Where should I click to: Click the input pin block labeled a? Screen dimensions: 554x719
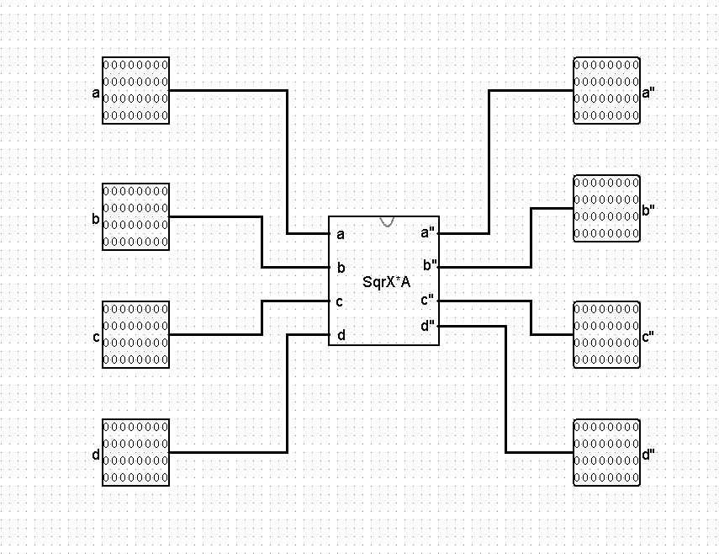tap(135, 90)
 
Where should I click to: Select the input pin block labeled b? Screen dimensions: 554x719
tap(135, 216)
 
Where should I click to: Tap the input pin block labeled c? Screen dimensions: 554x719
tap(135, 334)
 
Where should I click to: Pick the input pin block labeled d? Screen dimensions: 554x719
tap(135, 452)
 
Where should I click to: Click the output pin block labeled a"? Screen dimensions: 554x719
tap(606, 90)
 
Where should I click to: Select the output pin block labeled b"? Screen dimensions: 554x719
tap(606, 208)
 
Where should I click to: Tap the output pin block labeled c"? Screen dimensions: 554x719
tap(606, 334)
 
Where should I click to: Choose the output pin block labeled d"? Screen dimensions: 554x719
tap(606, 452)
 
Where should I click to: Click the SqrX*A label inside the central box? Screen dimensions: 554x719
tap(386, 281)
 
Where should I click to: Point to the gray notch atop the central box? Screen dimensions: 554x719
tap(387, 221)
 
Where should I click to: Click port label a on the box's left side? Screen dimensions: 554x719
tap(341, 234)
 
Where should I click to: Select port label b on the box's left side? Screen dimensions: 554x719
tap(341, 268)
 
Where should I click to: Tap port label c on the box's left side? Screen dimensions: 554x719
tap(340, 301)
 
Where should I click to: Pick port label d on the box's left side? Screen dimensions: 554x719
tap(341, 335)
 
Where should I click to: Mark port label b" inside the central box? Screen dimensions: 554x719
tap(428, 266)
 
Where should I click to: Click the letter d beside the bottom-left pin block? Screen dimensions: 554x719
tap(96, 455)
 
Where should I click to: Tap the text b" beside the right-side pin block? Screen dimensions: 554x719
tap(648, 211)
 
